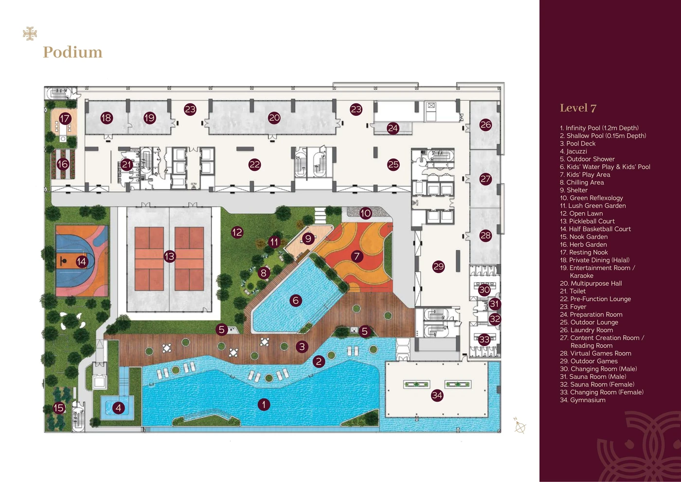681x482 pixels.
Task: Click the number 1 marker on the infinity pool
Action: [x=264, y=405]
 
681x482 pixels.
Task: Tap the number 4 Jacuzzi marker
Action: [x=119, y=408]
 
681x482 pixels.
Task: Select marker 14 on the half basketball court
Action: [x=82, y=261]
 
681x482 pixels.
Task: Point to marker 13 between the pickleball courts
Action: [x=169, y=256]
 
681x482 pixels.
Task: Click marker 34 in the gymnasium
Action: [x=437, y=395]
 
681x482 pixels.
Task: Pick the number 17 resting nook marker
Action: [x=65, y=119]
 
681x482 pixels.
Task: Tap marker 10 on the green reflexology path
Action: [x=365, y=213]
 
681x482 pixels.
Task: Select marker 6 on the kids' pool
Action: [x=296, y=301]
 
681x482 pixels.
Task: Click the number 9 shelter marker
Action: [x=308, y=239]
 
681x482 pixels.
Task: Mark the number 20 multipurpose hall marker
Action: [x=274, y=118]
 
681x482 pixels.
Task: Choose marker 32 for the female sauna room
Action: [x=495, y=319]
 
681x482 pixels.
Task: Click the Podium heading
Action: [x=72, y=52]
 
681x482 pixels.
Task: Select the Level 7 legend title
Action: [x=578, y=108]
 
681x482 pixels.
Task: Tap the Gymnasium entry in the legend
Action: [x=583, y=400]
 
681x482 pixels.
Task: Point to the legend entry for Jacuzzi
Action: [x=573, y=151]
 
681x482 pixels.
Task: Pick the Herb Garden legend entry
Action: [x=583, y=244]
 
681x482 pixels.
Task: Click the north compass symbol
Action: [x=520, y=426]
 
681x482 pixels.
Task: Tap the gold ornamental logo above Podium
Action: [x=30, y=34]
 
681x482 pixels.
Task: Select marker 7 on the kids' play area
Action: [x=357, y=256]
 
